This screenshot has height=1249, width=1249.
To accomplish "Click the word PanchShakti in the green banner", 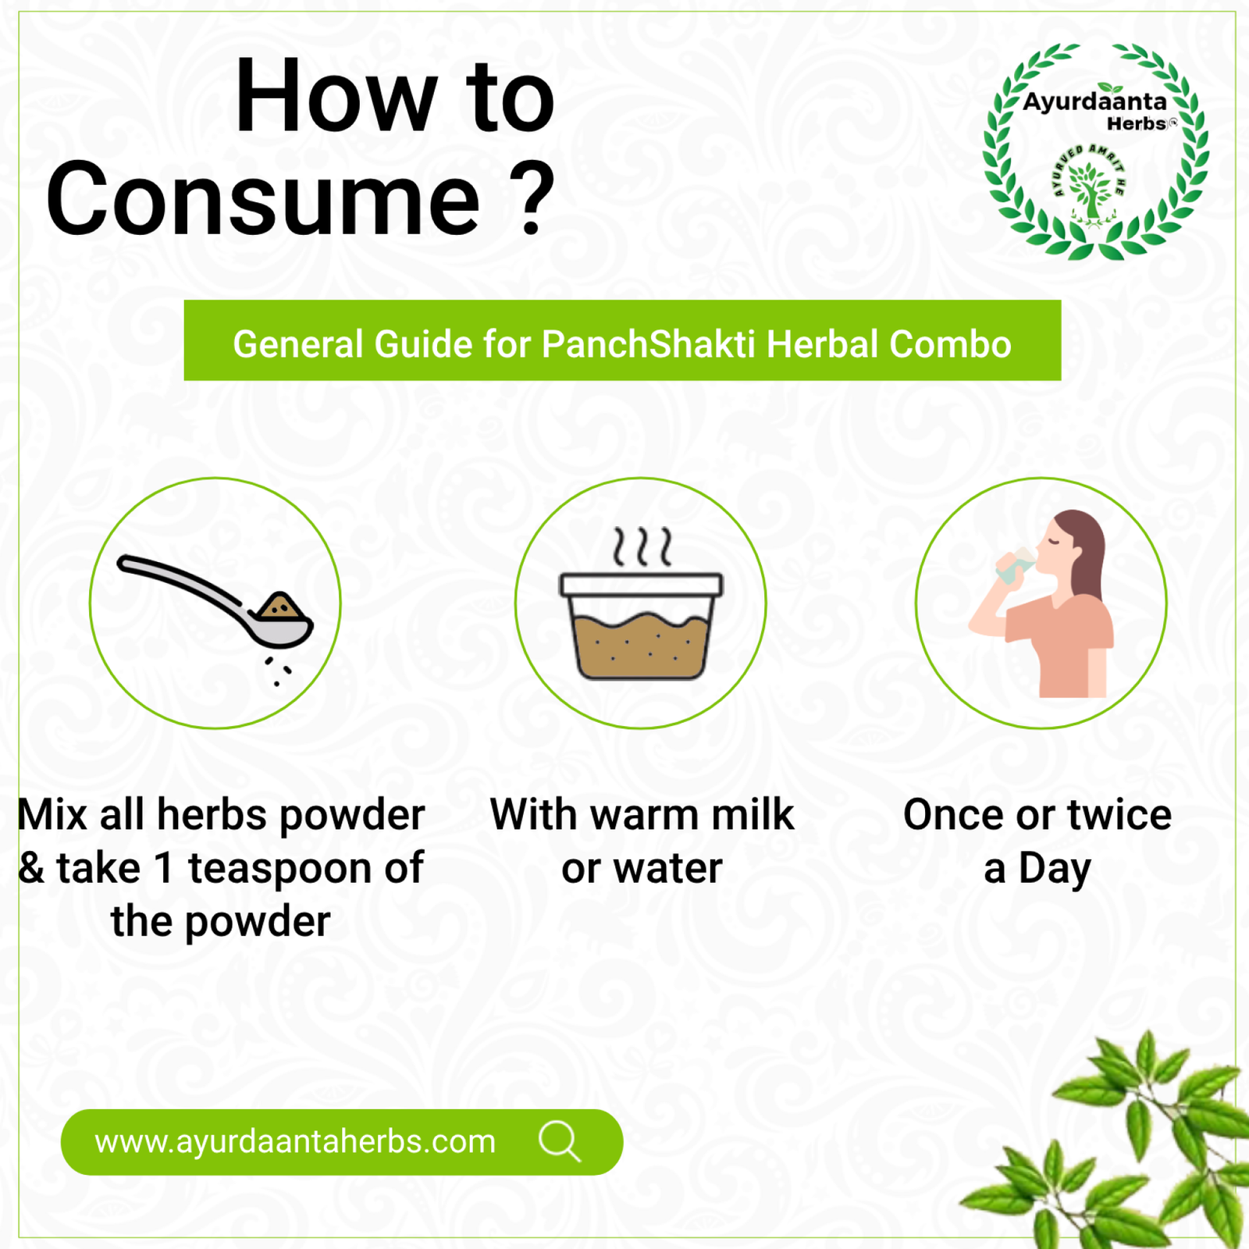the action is (649, 344).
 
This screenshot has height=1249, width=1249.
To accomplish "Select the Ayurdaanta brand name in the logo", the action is (1094, 101).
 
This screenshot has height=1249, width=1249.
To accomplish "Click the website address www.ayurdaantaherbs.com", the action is (295, 1142).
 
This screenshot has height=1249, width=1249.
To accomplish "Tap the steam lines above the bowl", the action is (642, 546).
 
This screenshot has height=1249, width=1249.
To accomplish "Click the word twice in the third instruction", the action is (1119, 815).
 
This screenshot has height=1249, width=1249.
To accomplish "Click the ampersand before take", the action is (31, 868).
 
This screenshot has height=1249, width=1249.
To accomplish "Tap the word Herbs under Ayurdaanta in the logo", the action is (1137, 123).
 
